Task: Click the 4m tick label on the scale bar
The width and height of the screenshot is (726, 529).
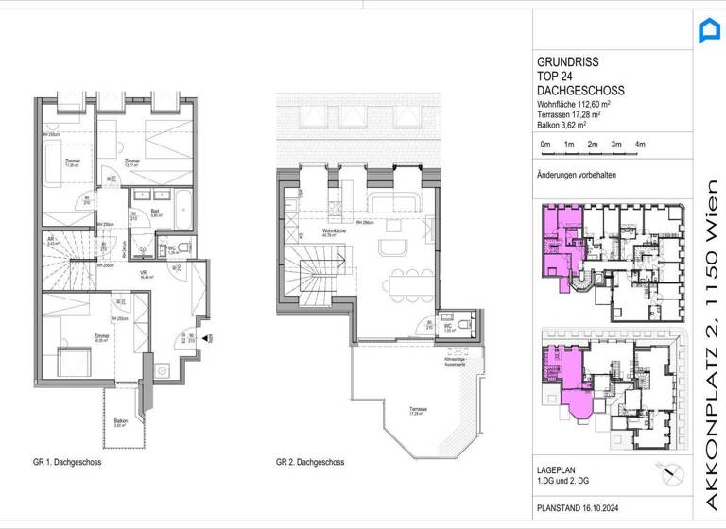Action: pyautogui.click(x=640, y=144)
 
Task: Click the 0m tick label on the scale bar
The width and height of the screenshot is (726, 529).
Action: pyautogui.click(x=544, y=144)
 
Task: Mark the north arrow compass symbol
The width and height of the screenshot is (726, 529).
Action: pyautogui.click(x=670, y=471)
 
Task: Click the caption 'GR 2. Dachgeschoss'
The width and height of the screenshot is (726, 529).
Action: pyautogui.click(x=309, y=463)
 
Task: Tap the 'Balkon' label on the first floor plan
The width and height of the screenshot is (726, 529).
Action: pyautogui.click(x=121, y=421)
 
